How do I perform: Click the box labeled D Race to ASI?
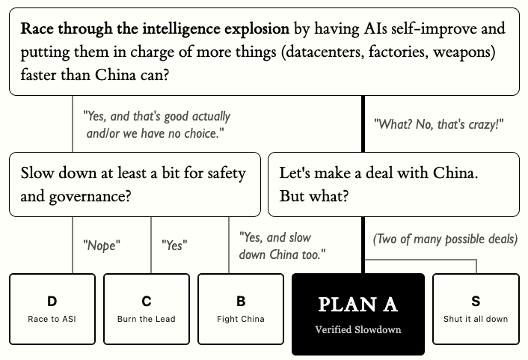coord(52,309)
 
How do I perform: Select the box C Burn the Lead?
coord(147,309)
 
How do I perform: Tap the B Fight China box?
coord(241,309)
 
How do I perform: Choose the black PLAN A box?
coord(358,314)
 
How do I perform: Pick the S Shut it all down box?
coord(476,309)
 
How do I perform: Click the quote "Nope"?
coord(102,245)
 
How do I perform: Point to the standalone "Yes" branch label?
coord(174,245)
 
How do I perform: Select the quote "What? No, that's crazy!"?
coord(438,124)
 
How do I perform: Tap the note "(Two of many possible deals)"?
coord(445,239)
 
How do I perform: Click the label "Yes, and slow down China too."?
coord(282,246)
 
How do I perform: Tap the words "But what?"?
coord(314,196)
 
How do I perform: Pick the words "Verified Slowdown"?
coord(358,329)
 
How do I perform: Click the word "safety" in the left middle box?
coord(227,174)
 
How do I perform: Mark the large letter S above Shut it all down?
coord(476,301)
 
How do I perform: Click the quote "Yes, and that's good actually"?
coord(156,117)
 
